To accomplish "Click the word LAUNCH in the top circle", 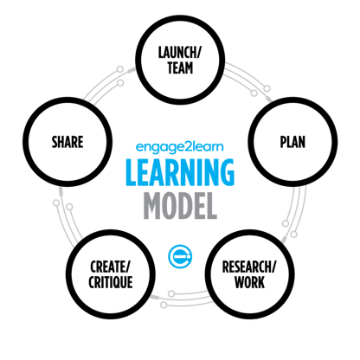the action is pyautogui.click(x=177, y=53).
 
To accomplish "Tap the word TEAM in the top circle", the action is pyautogui.click(x=180, y=68).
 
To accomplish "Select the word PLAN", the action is pyautogui.click(x=292, y=142).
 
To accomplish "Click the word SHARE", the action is pyautogui.click(x=67, y=142).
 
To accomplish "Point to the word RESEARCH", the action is pyautogui.click(x=247, y=267).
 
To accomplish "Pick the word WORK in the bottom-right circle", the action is pyautogui.click(x=249, y=282).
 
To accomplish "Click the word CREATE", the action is pyautogui.click(x=107, y=267).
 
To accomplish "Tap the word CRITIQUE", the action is pyautogui.click(x=111, y=282).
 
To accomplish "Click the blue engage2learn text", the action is pyautogui.click(x=179, y=147).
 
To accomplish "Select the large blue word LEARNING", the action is pyautogui.click(x=180, y=172).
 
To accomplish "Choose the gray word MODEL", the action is pyautogui.click(x=180, y=206).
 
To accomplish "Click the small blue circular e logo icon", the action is pyautogui.click(x=180, y=256).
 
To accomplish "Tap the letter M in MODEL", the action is pyautogui.click(x=153, y=206).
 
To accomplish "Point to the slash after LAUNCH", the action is pyautogui.click(x=199, y=53).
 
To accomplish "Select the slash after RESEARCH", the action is pyautogui.click(x=273, y=267).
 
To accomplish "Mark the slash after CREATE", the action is pyautogui.click(x=127, y=267).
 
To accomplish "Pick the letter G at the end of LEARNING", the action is pyautogui.click(x=227, y=172).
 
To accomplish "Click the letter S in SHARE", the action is pyautogui.click(x=55, y=142).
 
